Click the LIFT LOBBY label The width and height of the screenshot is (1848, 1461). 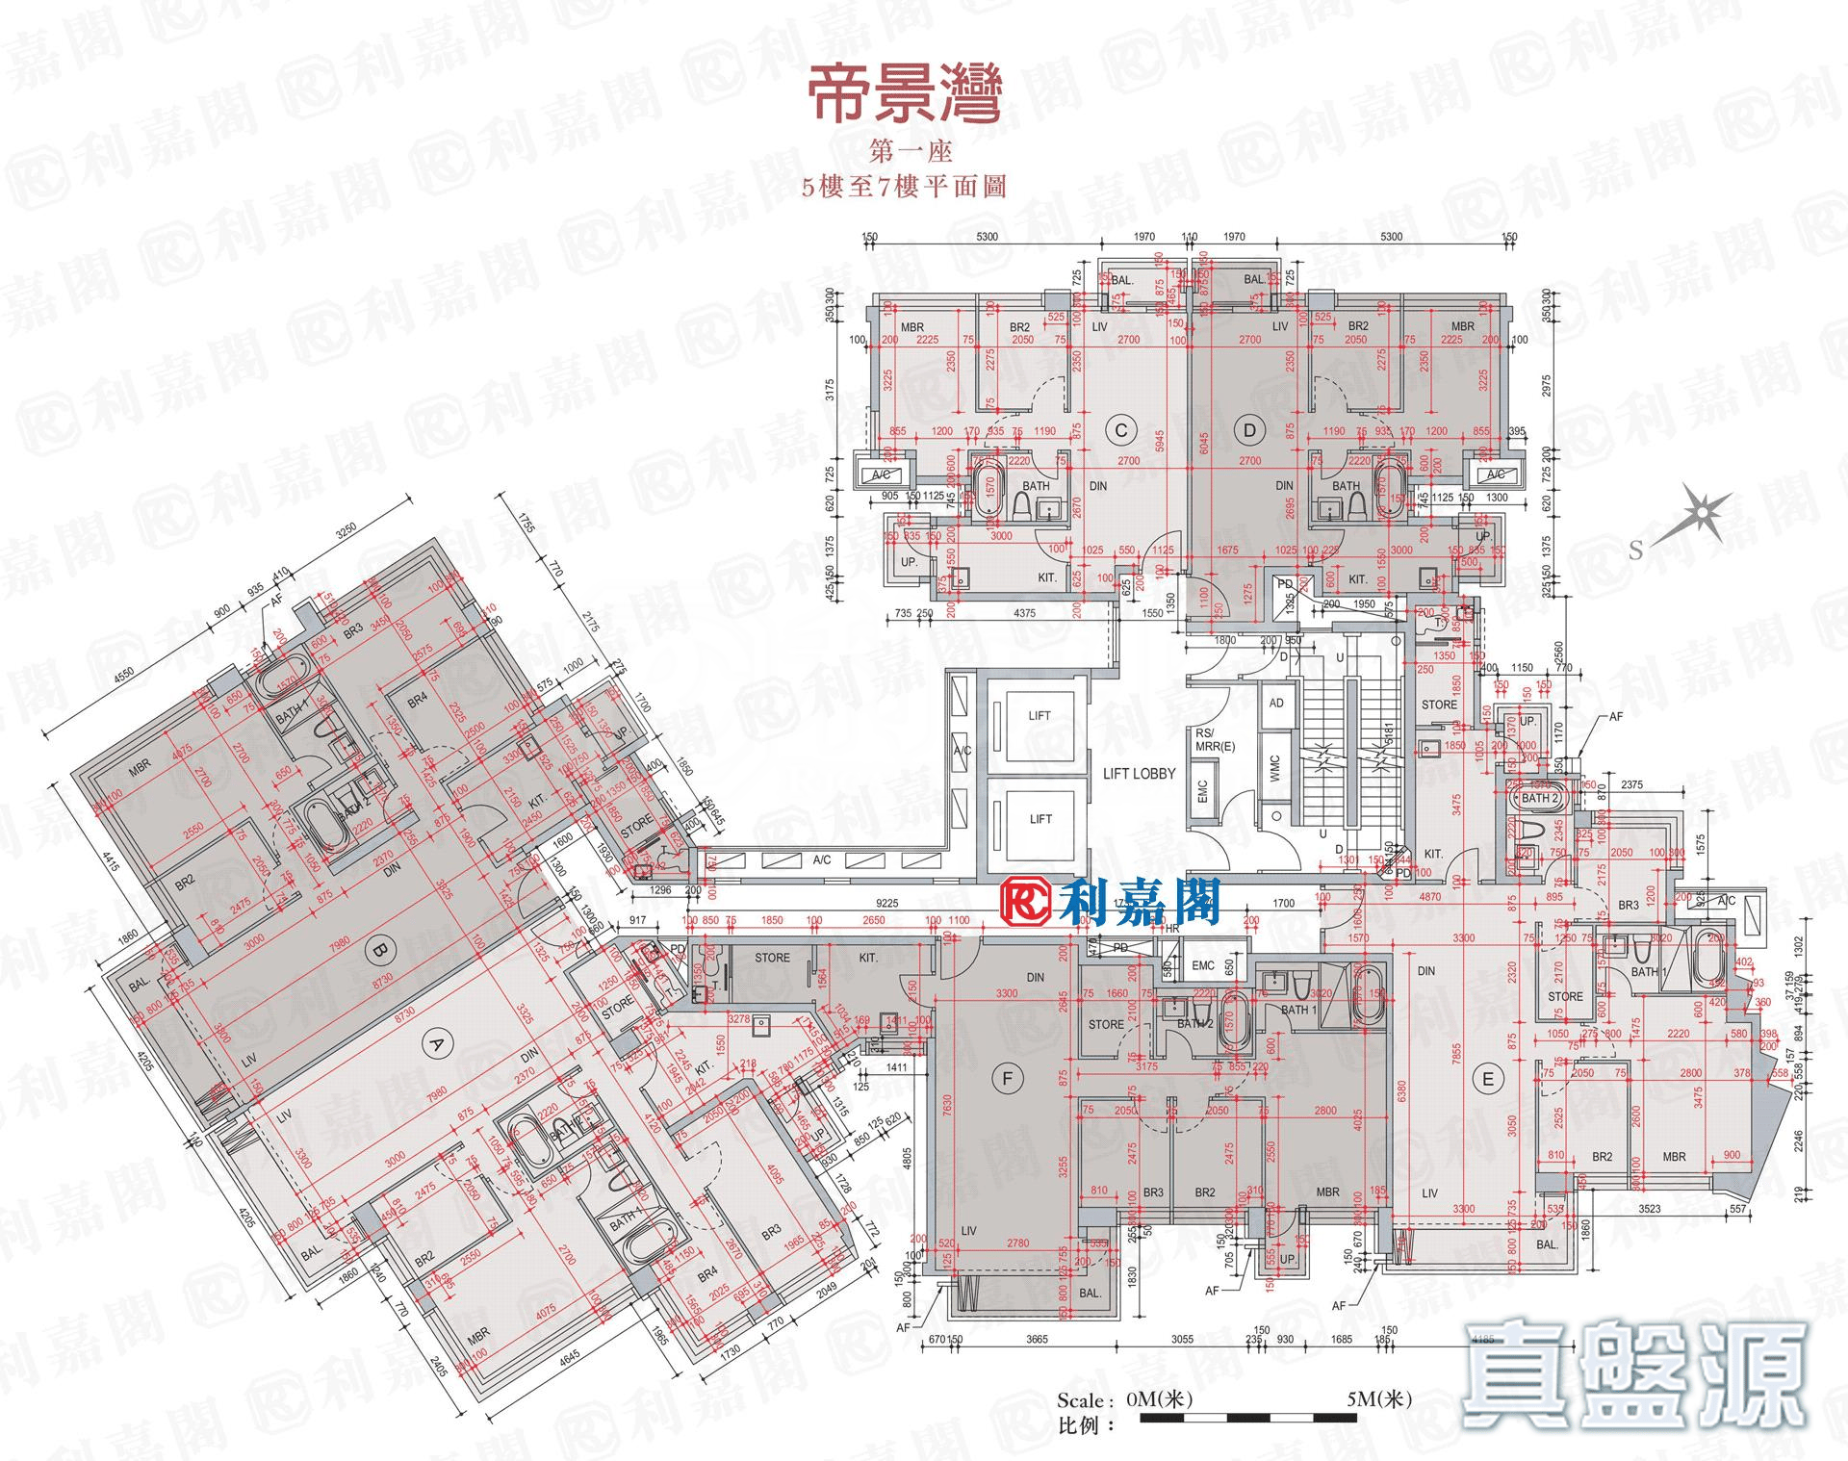(1139, 774)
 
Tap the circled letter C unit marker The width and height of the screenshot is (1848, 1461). (1120, 430)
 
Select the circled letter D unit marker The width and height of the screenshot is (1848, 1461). (1248, 430)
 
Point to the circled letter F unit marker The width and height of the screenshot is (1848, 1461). (1007, 1079)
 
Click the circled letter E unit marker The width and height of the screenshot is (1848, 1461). (1488, 1079)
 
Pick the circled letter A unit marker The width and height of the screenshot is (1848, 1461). (436, 1044)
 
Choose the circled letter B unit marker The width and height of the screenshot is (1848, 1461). (380, 951)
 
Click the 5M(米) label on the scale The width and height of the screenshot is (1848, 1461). (1378, 1399)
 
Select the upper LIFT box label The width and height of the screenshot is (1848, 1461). (1039, 716)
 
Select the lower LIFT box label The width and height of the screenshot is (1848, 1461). (1039, 819)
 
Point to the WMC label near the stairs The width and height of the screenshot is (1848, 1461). (1275, 767)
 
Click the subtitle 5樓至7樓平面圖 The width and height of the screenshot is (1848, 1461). (904, 186)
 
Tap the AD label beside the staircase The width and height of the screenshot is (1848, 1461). (1276, 704)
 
